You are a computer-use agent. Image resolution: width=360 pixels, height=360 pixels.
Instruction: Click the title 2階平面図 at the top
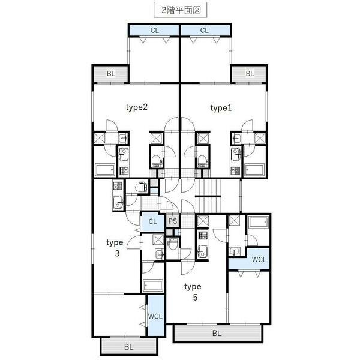tap(181, 10)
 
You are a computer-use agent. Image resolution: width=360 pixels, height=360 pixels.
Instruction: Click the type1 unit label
tap(221, 109)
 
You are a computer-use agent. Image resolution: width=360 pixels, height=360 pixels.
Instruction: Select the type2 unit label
tap(136, 107)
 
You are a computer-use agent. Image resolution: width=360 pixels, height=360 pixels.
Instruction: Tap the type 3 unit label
tap(115, 248)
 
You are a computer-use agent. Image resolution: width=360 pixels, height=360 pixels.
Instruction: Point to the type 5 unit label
tap(193, 292)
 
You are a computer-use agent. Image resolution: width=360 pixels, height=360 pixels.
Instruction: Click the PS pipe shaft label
tap(173, 221)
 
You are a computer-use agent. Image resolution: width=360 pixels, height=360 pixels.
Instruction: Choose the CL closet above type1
tap(205, 31)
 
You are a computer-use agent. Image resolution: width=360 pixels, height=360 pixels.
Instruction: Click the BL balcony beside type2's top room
tap(110, 74)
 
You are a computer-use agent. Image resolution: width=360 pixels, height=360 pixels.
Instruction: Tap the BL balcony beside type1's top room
tap(250, 74)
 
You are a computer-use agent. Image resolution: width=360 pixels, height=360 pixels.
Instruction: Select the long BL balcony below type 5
tap(217, 333)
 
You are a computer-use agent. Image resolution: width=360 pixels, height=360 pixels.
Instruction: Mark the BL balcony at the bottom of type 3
tap(128, 347)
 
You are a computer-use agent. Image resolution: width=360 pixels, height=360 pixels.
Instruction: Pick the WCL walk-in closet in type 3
tap(155, 316)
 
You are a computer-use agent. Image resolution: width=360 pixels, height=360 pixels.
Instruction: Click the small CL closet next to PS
tap(152, 222)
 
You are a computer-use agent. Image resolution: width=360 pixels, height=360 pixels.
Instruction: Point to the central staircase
tap(208, 196)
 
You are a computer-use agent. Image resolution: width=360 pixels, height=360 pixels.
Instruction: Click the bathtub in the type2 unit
tap(105, 170)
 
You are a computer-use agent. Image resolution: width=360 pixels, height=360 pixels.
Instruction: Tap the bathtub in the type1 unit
tap(254, 170)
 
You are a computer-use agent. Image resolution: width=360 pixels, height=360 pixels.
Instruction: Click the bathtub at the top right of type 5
tap(259, 223)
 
